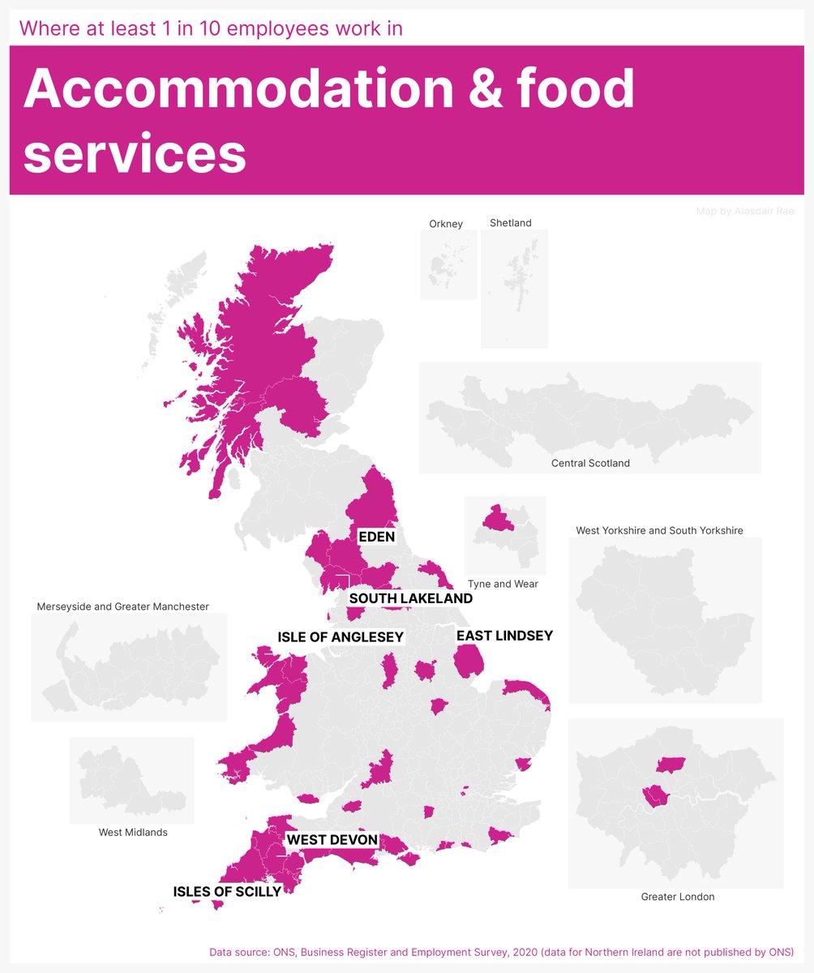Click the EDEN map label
[377, 536]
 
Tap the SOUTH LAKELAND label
[410, 598]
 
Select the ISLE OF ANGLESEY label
[341, 637]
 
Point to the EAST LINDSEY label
[504, 636]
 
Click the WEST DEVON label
[332, 840]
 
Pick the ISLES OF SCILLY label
[227, 892]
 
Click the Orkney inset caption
[446, 224]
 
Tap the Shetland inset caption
[511, 223]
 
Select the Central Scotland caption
[590, 463]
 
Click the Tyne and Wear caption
[503, 584]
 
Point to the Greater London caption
[678, 897]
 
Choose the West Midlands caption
[133, 832]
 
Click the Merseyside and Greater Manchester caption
[123, 607]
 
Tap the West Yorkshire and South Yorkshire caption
[659, 530]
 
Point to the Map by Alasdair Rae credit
[745, 212]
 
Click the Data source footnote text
[501, 951]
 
